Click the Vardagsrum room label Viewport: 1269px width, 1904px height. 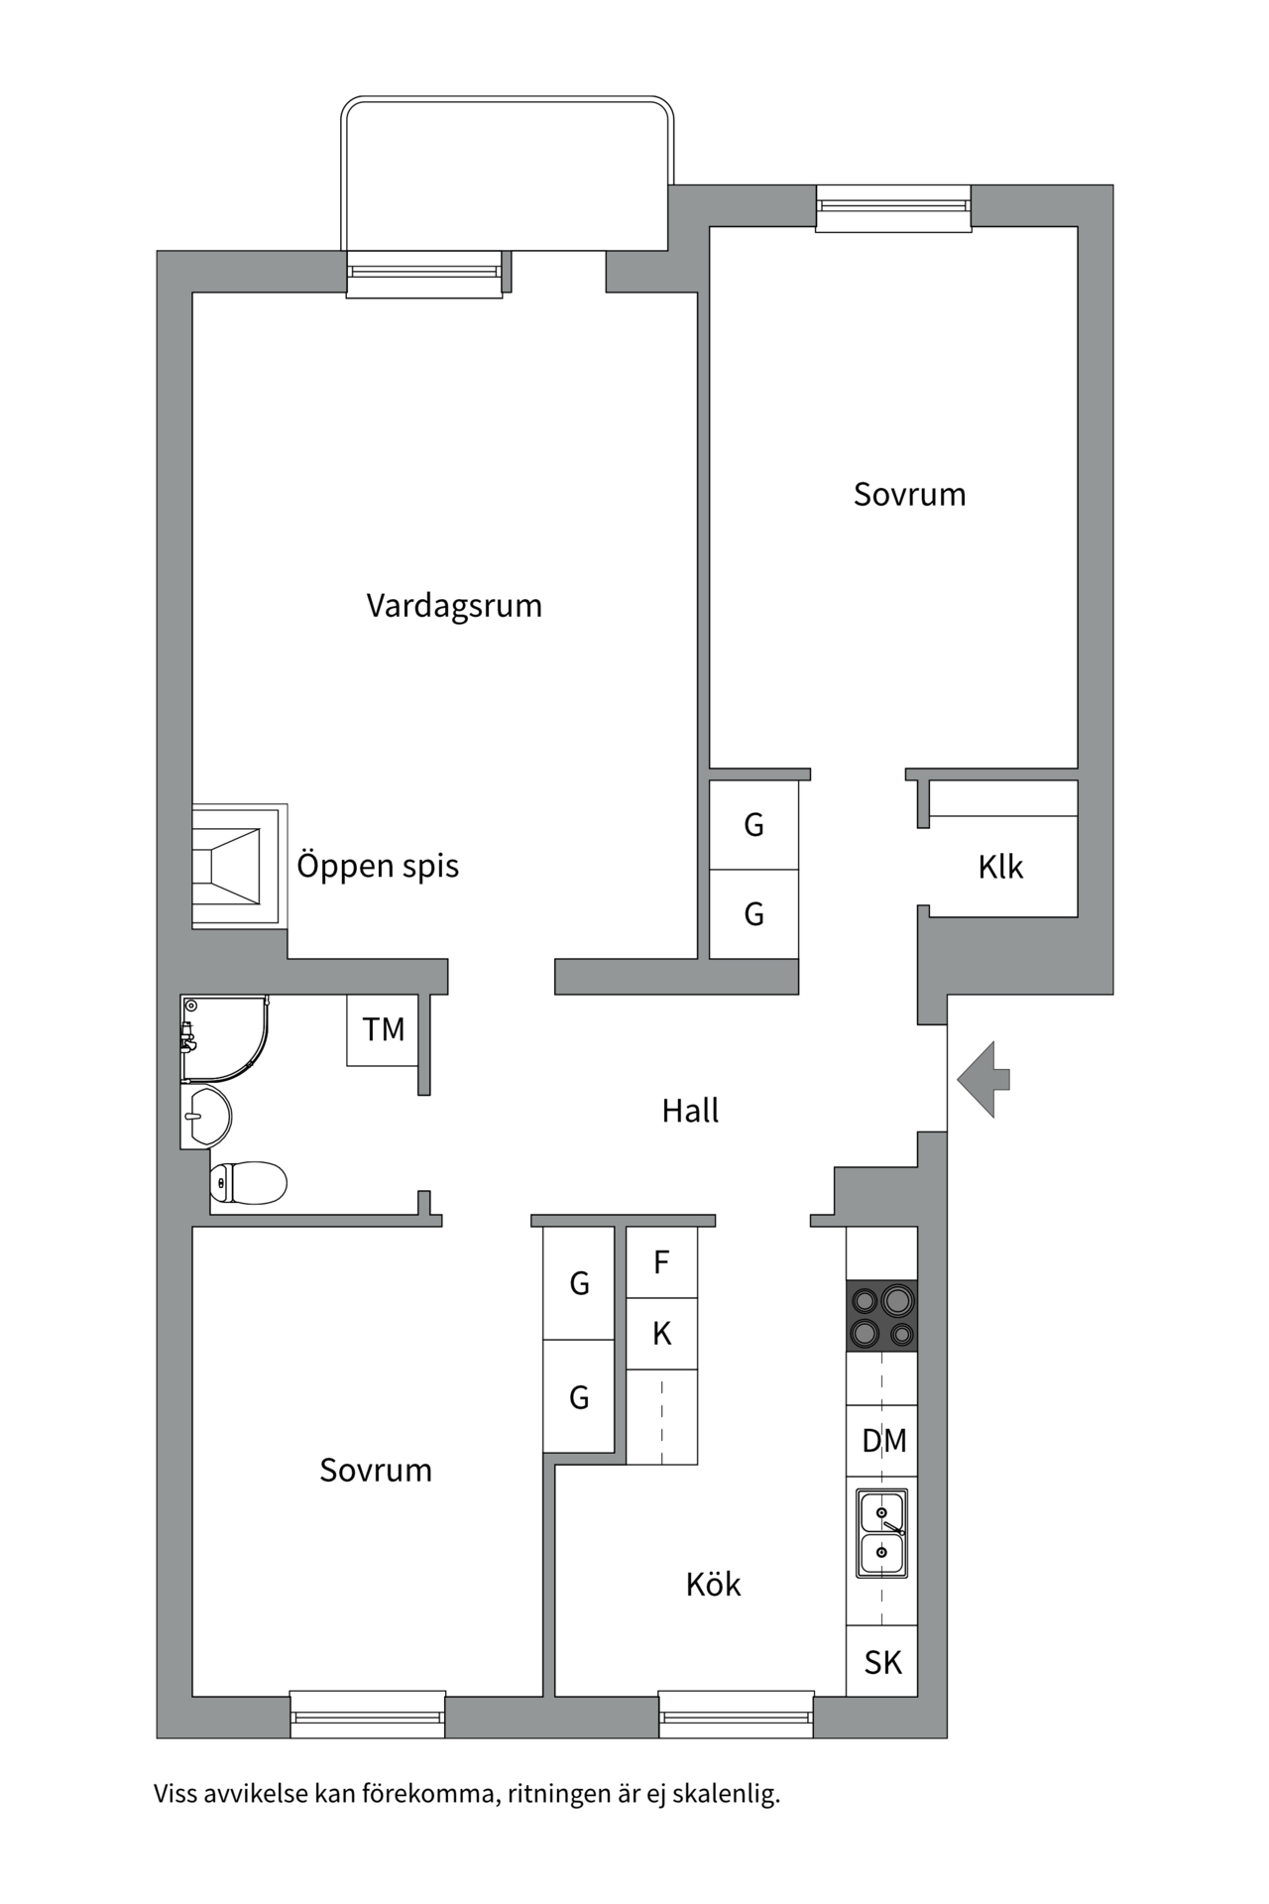click(454, 606)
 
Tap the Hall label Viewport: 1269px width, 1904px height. click(690, 1111)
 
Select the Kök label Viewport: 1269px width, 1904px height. click(713, 1585)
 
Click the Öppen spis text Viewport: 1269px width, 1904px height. click(378, 866)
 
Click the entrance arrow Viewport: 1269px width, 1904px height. click(983, 1079)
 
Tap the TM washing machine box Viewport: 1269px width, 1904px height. click(383, 1030)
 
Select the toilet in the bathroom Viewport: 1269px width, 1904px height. click(249, 1182)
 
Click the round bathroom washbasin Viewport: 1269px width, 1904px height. click(208, 1117)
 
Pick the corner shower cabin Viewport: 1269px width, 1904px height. click(222, 1037)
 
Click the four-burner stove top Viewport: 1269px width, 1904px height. click(881, 1316)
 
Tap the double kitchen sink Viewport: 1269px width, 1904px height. click(881, 1533)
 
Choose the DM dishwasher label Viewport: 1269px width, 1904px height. click(883, 1441)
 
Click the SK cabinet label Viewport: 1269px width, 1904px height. click(882, 1662)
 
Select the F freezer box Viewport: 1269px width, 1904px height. click(662, 1262)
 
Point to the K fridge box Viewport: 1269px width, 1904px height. click(662, 1334)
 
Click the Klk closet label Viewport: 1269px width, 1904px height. click(1000, 868)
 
